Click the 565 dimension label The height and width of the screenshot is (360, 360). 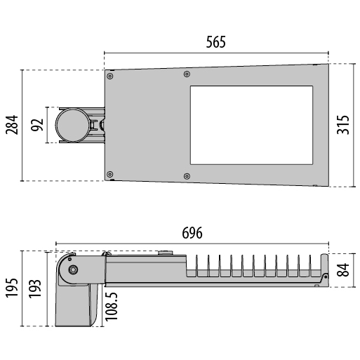(x=216, y=42)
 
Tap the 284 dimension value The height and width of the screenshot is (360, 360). (x=12, y=125)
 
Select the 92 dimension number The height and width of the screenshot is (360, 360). (x=37, y=125)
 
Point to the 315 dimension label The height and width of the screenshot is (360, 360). (x=343, y=125)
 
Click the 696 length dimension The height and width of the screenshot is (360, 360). (x=192, y=233)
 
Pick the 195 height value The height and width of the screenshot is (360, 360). (x=12, y=288)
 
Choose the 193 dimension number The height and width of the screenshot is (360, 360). (x=35, y=288)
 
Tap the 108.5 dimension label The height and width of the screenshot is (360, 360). (x=112, y=307)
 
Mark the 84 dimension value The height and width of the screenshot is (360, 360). (x=343, y=270)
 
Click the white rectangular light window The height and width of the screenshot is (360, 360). (x=251, y=125)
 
